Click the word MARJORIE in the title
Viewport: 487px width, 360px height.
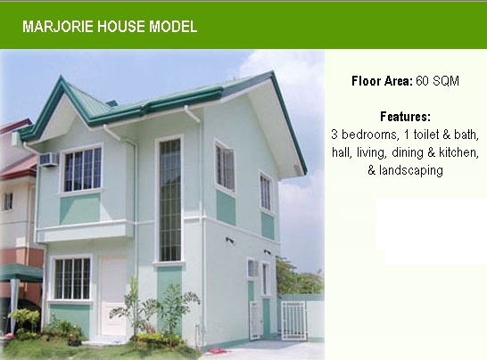tap(58, 27)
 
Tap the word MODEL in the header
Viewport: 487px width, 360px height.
tap(173, 27)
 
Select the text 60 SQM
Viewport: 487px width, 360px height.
tap(437, 81)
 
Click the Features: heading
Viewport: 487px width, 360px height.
tap(405, 117)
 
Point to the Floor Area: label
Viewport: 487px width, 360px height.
tap(382, 81)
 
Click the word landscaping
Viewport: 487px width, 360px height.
tap(411, 170)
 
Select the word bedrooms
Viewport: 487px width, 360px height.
tap(369, 135)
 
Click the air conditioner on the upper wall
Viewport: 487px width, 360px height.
tap(49, 160)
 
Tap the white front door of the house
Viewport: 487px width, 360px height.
tap(112, 296)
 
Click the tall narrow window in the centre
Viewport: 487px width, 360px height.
tap(169, 200)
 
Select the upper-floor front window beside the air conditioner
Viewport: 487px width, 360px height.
tap(82, 169)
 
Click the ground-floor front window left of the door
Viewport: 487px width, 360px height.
tap(72, 279)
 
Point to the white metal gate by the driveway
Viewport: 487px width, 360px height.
tap(293, 320)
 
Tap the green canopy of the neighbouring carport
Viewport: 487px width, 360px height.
tap(21, 273)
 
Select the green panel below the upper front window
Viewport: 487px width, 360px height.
tap(79, 209)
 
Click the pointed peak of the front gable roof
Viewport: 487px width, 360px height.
tap(62, 76)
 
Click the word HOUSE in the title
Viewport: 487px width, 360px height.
tap(121, 27)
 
